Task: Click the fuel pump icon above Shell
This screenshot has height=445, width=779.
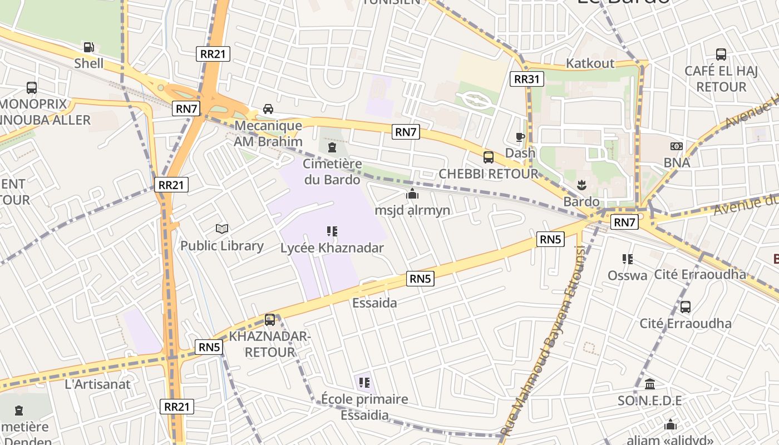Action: click(88, 47)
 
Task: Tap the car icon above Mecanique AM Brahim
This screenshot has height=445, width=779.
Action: click(268, 109)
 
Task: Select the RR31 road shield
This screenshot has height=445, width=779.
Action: click(526, 79)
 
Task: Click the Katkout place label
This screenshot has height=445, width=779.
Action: click(590, 63)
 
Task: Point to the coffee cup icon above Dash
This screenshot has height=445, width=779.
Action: click(520, 137)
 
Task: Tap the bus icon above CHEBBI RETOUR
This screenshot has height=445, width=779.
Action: click(489, 157)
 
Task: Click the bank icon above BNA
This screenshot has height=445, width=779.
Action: click(677, 146)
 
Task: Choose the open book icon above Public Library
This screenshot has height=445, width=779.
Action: click(222, 229)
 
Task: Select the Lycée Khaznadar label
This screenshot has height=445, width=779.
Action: click(332, 248)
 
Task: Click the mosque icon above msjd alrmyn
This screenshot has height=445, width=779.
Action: click(412, 194)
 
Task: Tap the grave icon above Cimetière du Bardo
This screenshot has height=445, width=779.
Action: click(332, 147)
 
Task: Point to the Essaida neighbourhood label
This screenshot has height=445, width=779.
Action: click(374, 303)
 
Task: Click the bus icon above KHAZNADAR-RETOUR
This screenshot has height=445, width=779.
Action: click(270, 320)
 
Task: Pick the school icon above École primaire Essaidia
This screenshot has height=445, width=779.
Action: click(364, 383)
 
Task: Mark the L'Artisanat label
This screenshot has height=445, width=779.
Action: click(98, 384)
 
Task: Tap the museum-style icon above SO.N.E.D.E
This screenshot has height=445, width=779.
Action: click(649, 384)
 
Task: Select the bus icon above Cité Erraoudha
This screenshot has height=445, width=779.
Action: click(686, 307)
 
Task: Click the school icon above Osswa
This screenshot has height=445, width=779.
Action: click(628, 259)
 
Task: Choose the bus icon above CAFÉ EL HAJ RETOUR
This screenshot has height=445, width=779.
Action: click(721, 55)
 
